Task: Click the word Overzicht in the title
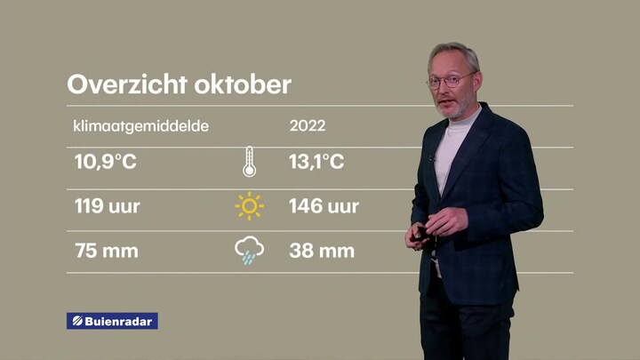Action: click(x=127, y=84)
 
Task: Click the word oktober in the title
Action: click(x=243, y=84)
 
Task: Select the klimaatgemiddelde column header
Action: click(x=140, y=126)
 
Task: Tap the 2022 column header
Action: click(x=308, y=125)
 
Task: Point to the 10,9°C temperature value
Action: click(x=105, y=162)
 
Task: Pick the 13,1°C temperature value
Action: click(x=316, y=162)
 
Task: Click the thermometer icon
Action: click(x=250, y=162)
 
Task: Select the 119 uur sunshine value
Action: click(x=107, y=205)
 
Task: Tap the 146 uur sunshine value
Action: click(x=324, y=205)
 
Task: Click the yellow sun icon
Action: click(x=249, y=206)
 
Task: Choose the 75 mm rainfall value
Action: click(x=107, y=251)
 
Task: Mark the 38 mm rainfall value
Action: click(x=322, y=251)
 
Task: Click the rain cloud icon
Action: click(x=249, y=250)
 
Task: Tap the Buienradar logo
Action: click(x=112, y=321)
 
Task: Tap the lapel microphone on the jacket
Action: click(x=431, y=158)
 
